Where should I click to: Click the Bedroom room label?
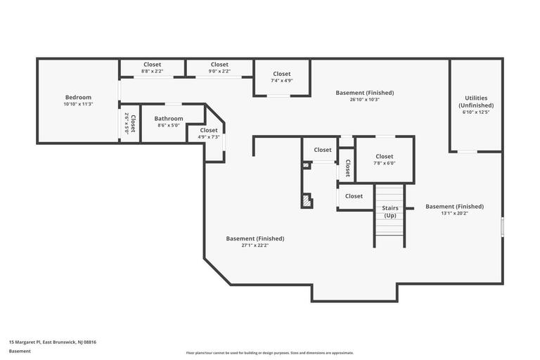click(x=78, y=98)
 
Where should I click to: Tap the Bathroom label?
click(x=169, y=119)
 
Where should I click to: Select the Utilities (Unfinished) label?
click(x=476, y=102)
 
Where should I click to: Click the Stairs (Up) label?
click(x=390, y=212)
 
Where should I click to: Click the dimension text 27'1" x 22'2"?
click(x=255, y=245)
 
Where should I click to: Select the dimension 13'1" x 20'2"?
click(x=454, y=213)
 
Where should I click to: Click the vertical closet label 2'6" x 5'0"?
click(x=130, y=123)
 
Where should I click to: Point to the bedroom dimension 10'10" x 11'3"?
click(x=78, y=104)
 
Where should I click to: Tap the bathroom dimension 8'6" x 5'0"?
click(x=169, y=125)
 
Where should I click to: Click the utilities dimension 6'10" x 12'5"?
click(x=476, y=112)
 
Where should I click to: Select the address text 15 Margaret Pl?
click(x=52, y=342)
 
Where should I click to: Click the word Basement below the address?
click(x=20, y=351)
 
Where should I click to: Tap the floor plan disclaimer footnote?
click(x=270, y=353)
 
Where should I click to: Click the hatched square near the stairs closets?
click(x=307, y=201)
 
